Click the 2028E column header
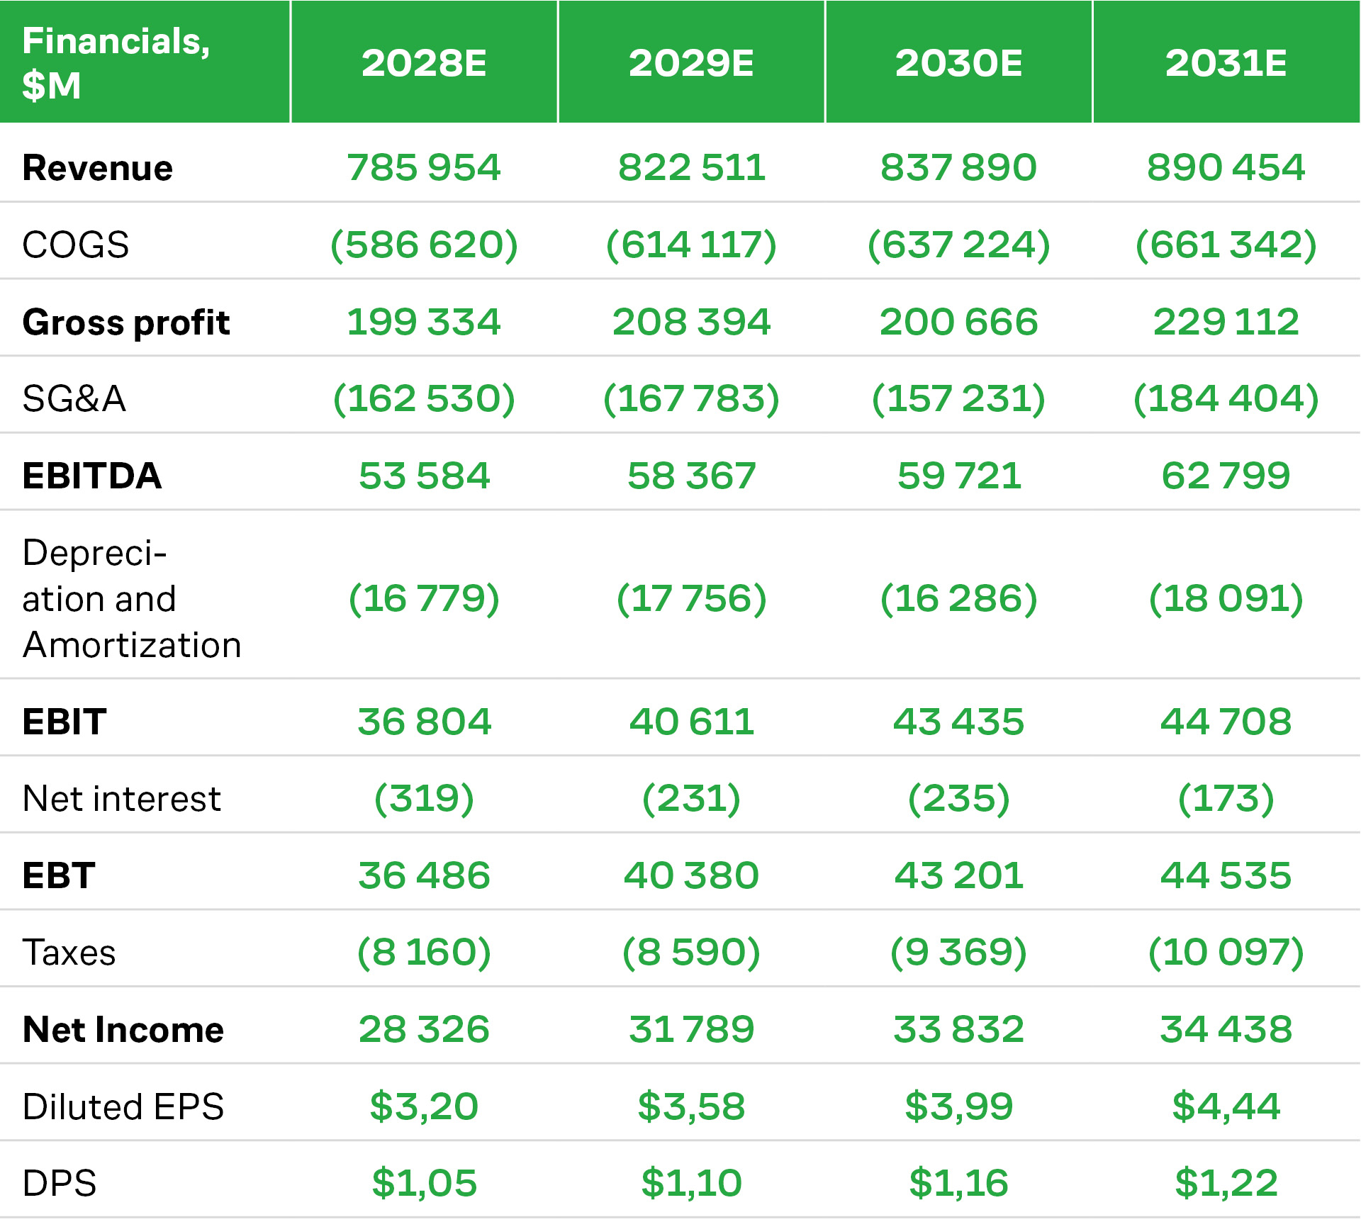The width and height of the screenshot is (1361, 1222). pos(424,63)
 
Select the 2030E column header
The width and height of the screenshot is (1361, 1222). pos(958,63)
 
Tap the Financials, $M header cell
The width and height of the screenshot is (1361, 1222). pos(116,63)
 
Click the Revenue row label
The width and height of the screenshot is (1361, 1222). pos(98,168)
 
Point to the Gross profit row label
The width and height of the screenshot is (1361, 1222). pos(126,323)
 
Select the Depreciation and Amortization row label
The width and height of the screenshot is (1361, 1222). pos(132,598)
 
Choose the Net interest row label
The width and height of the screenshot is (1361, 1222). pos(122,799)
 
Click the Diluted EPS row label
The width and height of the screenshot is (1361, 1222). pos(123,1106)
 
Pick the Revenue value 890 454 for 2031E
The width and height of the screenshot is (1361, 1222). pos(1226,168)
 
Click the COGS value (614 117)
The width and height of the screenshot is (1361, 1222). pos(691,245)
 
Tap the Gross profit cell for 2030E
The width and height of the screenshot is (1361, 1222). pos(958,322)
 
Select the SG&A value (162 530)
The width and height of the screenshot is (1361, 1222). pos(424,398)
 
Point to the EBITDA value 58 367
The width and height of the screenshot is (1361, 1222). pos(691,476)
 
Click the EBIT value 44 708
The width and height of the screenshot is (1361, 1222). pos(1226,722)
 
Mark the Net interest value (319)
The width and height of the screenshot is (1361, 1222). pos(424,799)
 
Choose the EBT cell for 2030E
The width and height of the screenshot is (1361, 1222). pos(958,875)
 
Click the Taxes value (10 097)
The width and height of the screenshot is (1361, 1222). pos(1226,952)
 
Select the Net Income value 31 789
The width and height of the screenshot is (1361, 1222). pos(691,1029)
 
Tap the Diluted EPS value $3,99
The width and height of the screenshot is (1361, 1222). pos(958,1106)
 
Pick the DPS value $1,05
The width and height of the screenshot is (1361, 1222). pos(424,1183)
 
